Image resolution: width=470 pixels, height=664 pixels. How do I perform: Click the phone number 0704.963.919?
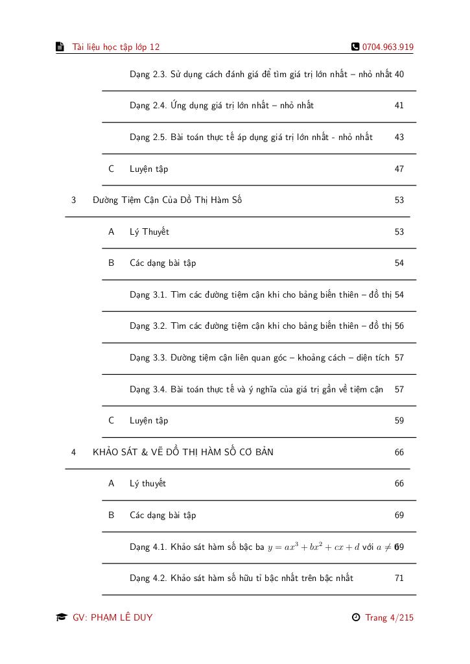388,47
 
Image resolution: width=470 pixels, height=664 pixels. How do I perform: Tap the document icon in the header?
60,47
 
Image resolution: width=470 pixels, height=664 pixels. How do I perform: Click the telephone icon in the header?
355,47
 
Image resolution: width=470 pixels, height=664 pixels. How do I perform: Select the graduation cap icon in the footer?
61,617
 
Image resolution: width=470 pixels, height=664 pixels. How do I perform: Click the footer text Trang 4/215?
389,617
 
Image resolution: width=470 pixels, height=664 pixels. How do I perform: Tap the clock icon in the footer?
356,617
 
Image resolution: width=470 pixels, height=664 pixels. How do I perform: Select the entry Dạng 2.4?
221,106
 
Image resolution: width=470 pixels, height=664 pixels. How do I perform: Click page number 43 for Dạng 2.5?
399,137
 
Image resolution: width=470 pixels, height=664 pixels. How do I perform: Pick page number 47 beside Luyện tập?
399,169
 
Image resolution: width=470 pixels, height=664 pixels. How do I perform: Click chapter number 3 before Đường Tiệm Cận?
74,200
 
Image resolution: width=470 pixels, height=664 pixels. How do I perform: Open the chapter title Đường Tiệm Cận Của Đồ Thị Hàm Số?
167,200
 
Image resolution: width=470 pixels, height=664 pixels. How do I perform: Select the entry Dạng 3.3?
259,358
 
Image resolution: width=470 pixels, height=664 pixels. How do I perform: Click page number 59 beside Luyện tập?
399,421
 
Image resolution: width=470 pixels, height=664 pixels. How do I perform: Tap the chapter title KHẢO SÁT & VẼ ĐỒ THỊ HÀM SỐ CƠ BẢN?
183,452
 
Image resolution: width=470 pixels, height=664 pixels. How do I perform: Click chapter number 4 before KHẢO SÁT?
74,452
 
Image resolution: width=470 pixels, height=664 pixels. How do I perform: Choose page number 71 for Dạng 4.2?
399,578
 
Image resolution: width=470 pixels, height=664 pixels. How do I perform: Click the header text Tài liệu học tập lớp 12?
116,47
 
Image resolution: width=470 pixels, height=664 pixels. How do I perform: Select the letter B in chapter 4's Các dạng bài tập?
112,516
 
